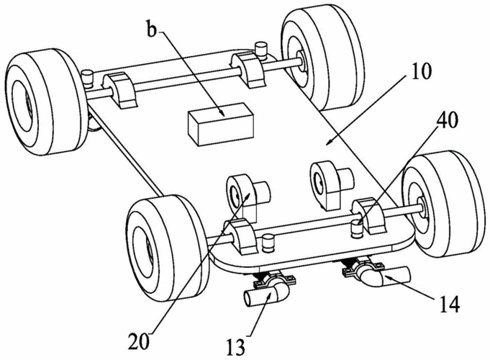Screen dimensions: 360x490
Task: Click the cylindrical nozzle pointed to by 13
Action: click(x=264, y=296)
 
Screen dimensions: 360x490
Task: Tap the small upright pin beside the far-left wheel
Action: click(x=89, y=76)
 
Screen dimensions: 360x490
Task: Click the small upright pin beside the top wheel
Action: click(x=262, y=48)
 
